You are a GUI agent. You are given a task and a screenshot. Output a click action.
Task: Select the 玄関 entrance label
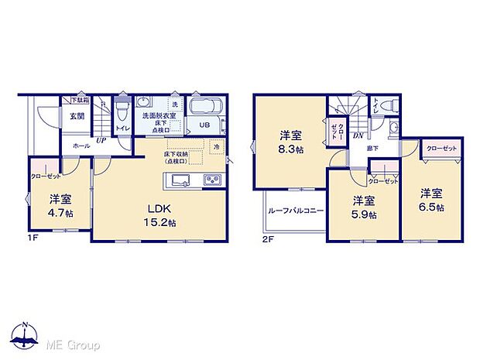point(77,116)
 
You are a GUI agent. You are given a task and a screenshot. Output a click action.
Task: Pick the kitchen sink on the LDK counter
point(180,180)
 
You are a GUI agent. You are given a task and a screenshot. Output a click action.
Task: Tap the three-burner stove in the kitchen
point(211,180)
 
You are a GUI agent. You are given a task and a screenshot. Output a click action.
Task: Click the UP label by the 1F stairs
point(101,140)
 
